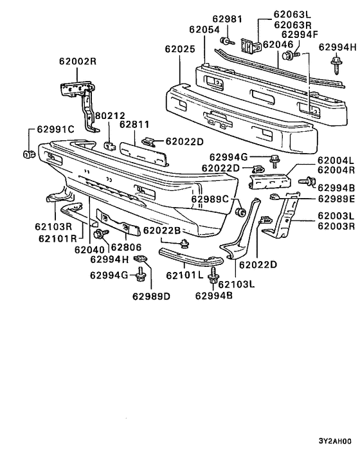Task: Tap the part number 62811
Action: click(134, 125)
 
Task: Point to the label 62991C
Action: click(56, 129)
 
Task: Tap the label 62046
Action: click(278, 45)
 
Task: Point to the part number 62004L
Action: click(336, 160)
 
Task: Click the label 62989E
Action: click(336, 199)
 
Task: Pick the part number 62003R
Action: click(336, 226)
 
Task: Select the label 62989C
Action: click(210, 199)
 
